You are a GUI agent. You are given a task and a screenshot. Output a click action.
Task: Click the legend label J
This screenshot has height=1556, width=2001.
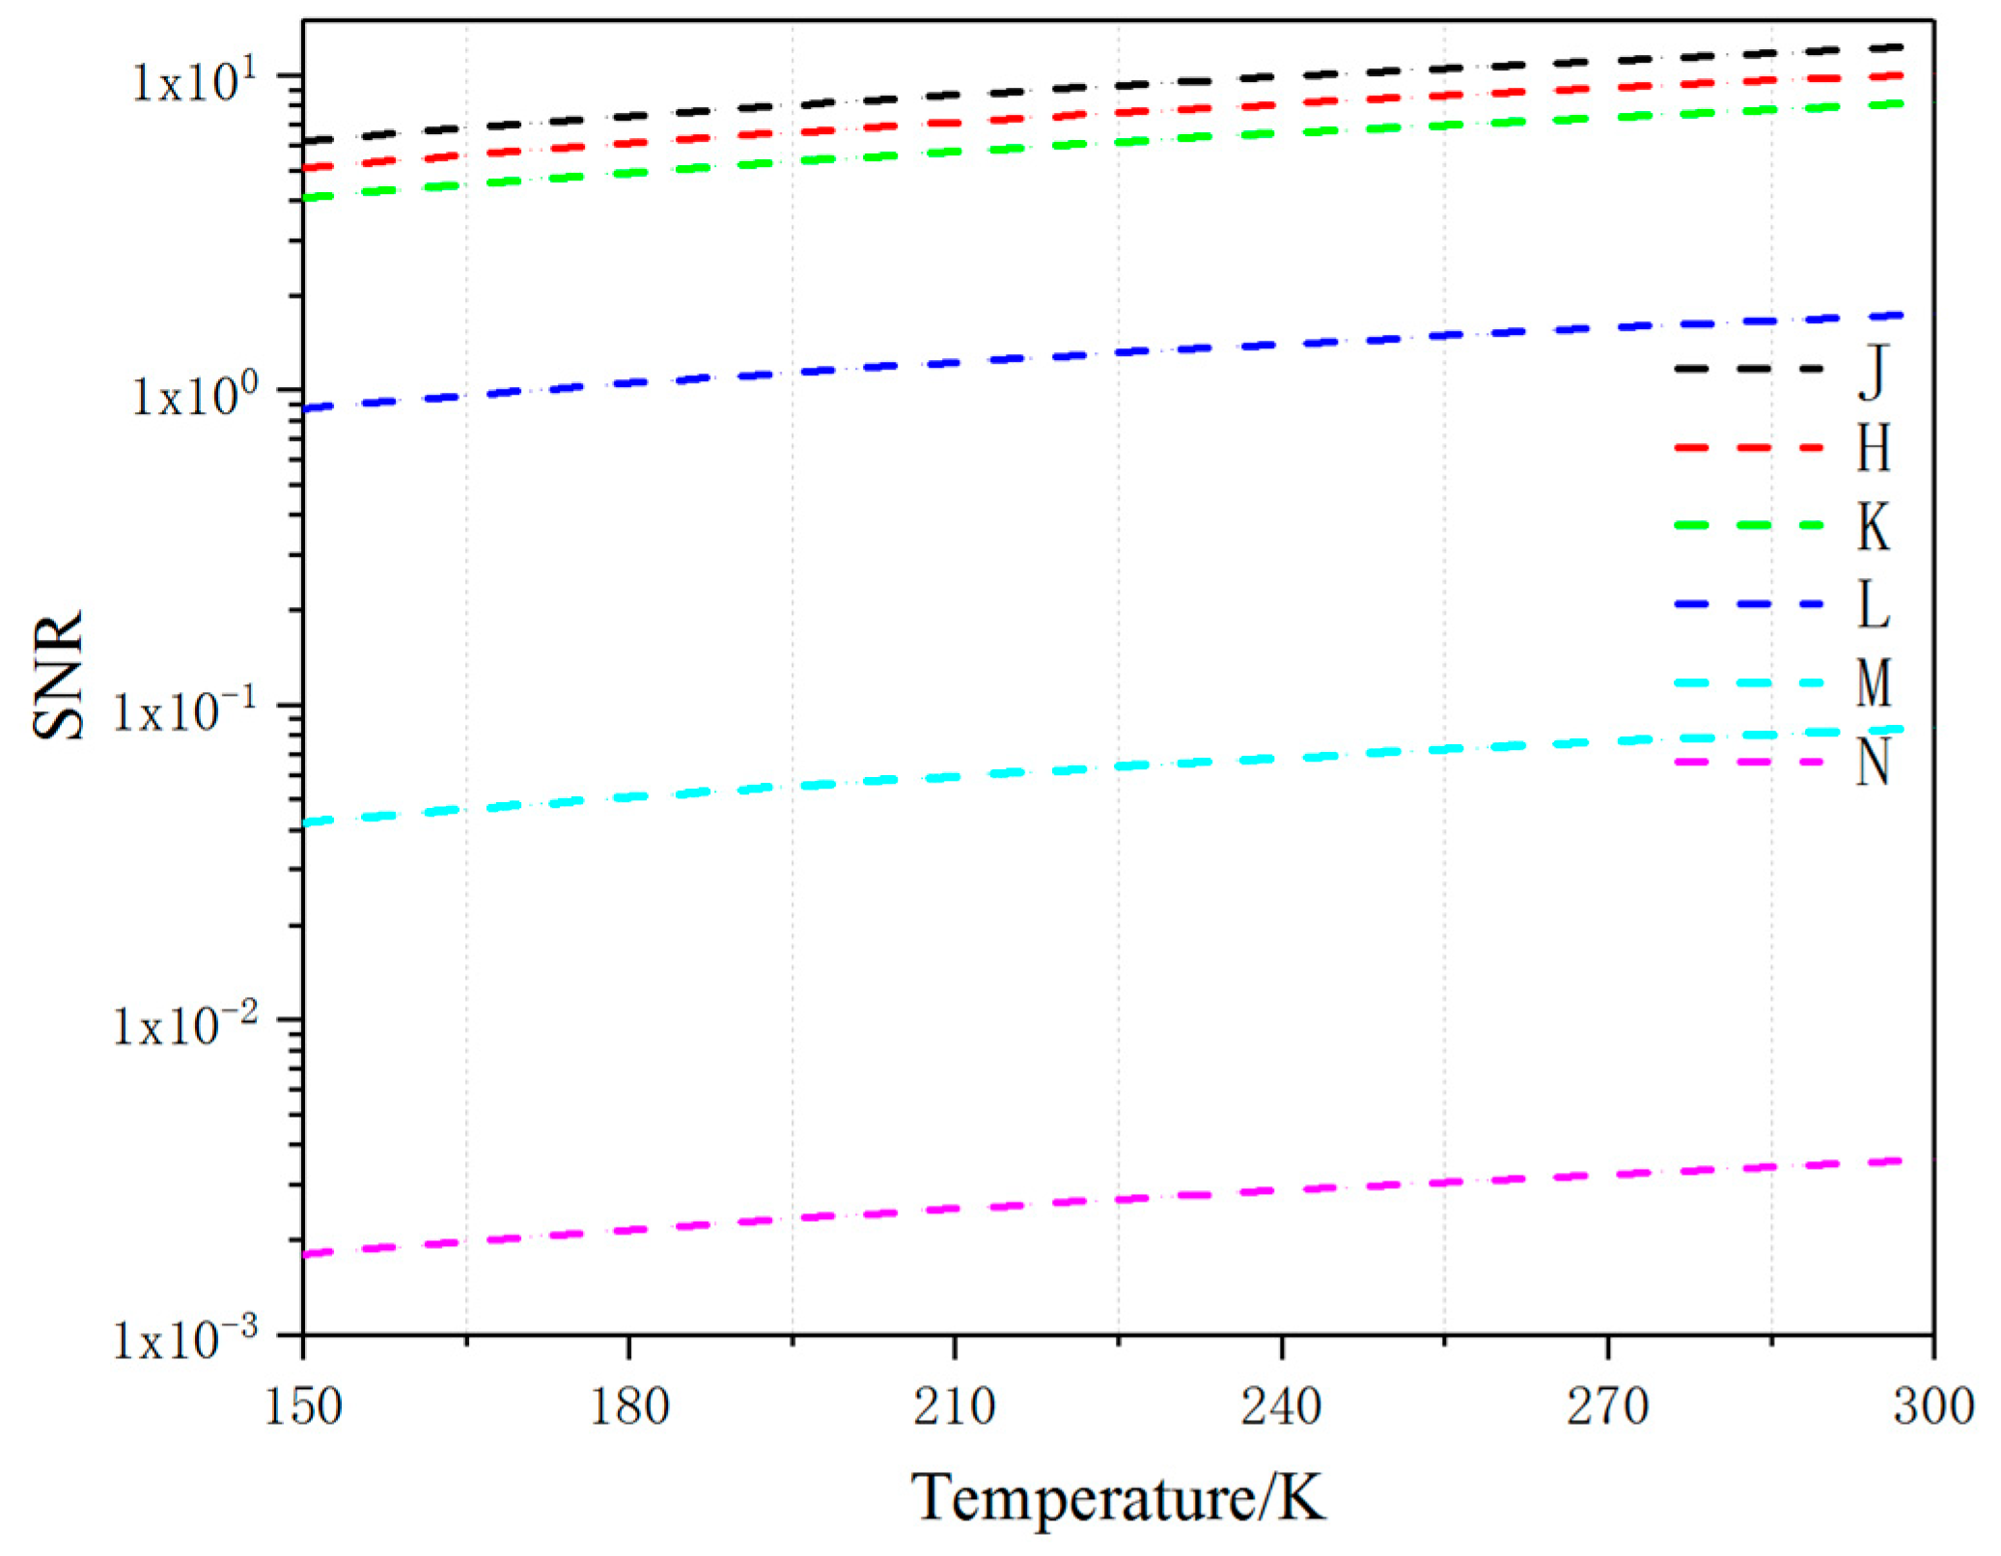point(1873,372)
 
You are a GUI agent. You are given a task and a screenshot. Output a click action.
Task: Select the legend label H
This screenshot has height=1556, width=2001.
point(1874,449)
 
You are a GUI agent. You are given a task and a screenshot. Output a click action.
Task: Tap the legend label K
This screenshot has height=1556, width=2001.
point(1874,527)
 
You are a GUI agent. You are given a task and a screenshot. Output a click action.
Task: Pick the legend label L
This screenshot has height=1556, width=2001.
point(1874,606)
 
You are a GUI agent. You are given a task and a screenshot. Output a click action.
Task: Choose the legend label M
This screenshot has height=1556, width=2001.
point(1874,684)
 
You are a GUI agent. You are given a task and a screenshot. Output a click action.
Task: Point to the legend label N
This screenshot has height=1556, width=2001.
point(1874,764)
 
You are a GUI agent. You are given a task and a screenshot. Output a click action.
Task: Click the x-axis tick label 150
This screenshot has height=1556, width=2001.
point(303,1406)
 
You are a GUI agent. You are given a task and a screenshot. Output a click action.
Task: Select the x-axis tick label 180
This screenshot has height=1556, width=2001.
point(629,1406)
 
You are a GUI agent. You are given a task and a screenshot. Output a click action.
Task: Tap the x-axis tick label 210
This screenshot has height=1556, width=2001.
point(955,1406)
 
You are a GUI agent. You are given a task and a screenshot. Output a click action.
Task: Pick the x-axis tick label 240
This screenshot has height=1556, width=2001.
point(1281,1406)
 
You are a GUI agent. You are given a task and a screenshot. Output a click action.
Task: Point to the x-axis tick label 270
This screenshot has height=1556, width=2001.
point(1607,1406)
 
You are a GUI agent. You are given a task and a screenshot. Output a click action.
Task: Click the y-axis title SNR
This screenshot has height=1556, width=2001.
point(58,676)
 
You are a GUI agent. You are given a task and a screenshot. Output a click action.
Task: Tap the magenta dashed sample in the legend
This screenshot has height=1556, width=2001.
point(1748,763)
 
